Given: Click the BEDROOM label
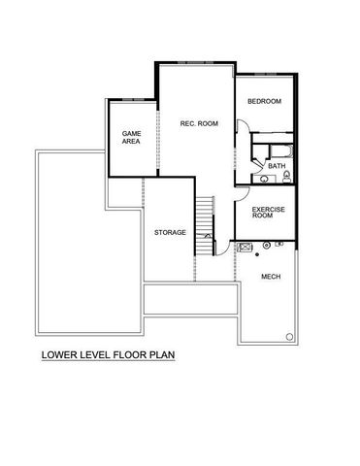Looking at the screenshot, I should point(264,102).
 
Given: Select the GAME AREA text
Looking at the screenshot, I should point(131,137).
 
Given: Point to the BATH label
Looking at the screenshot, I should point(277,166).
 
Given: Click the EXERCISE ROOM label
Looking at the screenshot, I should point(267,213).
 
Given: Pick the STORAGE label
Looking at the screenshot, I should point(170,233).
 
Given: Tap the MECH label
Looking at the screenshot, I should point(272,277).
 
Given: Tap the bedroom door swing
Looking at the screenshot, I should point(243,126).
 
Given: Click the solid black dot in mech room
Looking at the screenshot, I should point(258,254).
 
